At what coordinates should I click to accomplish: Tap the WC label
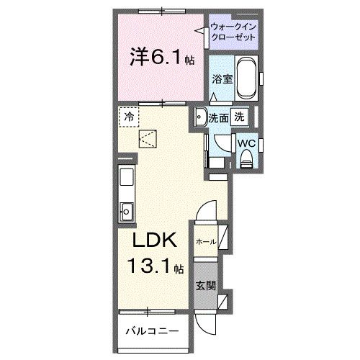coord(246,143)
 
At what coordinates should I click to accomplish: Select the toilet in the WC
coord(246,160)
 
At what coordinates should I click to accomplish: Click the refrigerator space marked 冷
coord(128,116)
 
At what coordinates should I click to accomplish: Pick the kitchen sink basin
coord(125,211)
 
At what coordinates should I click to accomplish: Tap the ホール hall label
coord(204,242)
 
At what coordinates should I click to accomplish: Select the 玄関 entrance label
coord(204,285)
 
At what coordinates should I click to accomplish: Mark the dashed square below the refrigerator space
coord(148,138)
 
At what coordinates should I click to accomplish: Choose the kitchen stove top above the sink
coord(125,180)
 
